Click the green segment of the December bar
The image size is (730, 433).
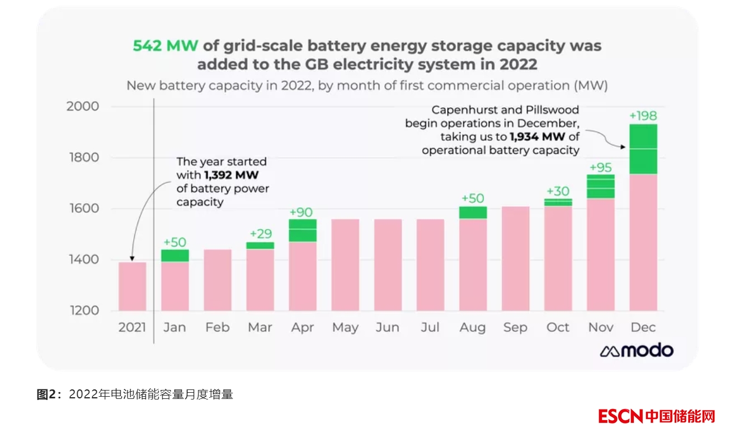pyautogui.click(x=643, y=149)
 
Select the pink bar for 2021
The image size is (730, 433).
pyautogui.click(x=133, y=287)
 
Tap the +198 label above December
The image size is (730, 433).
pyautogui.click(x=643, y=116)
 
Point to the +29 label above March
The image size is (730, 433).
pyautogui.click(x=260, y=233)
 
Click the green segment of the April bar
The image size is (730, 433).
pyautogui.click(x=303, y=230)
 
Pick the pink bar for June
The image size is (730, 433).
pyautogui.click(x=388, y=265)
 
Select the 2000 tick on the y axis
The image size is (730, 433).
pyautogui.click(x=83, y=106)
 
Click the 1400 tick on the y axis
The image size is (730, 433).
pyautogui.click(x=83, y=260)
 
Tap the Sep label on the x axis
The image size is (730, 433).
pyautogui.click(x=515, y=327)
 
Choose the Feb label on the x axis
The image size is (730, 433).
pyautogui.click(x=217, y=327)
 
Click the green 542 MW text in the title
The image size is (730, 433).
pyautogui.click(x=165, y=46)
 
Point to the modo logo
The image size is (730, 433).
pyautogui.click(x=637, y=350)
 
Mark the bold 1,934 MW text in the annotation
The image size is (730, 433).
pyautogui.click(x=536, y=137)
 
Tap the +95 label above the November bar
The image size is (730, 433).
pyautogui.click(x=600, y=168)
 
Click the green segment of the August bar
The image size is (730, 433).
pyautogui.click(x=473, y=212)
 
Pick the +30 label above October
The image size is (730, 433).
pyautogui.click(x=558, y=191)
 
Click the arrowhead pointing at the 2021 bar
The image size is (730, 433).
pyautogui.click(x=130, y=259)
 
